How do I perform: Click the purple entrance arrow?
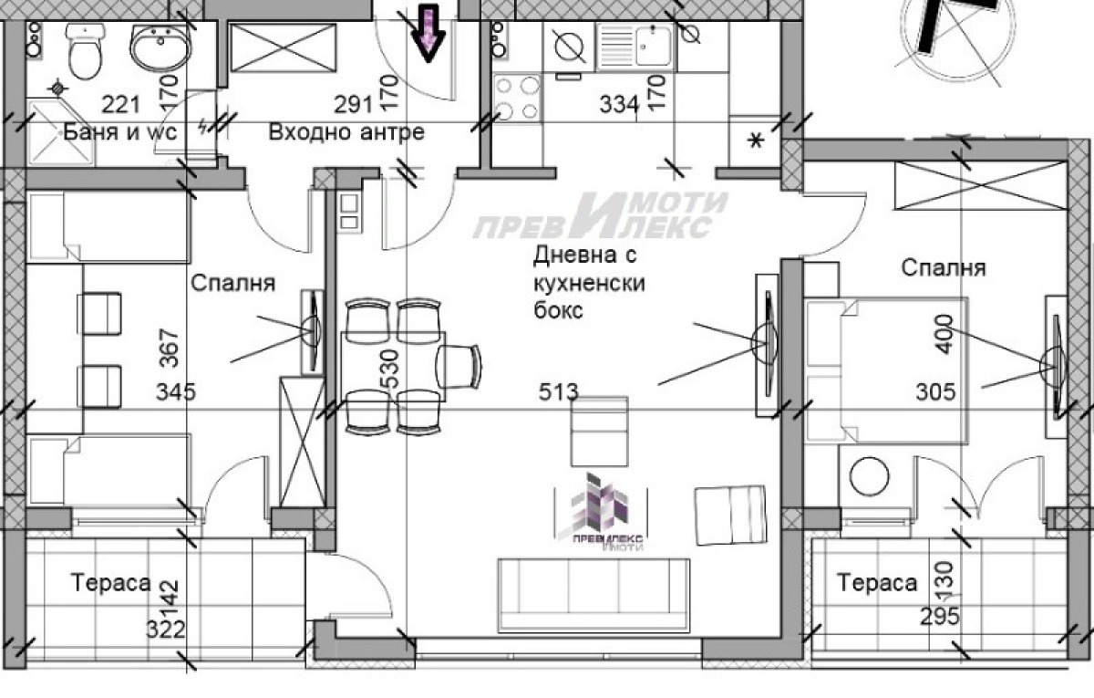428,33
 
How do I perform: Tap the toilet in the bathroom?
86,51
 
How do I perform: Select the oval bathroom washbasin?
160,47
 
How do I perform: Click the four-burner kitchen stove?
517,98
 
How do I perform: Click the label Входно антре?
346,132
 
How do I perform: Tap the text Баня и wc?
120,132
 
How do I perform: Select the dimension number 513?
558,392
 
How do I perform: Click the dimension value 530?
392,369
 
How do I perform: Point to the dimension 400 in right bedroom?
944,334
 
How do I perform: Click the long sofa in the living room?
593,596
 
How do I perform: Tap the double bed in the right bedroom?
886,371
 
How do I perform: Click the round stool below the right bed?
870,475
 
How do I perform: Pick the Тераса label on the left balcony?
111,582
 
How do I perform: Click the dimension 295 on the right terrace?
940,617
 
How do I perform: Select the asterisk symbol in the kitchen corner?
756,141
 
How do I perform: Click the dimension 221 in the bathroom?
120,105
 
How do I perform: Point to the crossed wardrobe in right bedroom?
980,186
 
